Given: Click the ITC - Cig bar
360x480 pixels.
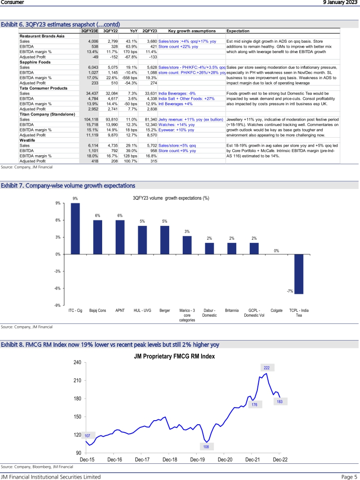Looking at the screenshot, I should (x=75, y=229).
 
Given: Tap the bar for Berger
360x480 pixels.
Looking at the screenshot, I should (x=165, y=240).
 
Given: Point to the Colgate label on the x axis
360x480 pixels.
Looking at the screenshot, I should (x=277, y=310).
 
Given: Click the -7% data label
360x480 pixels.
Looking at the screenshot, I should (x=290, y=291).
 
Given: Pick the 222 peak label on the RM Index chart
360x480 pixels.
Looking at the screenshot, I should (x=266, y=368).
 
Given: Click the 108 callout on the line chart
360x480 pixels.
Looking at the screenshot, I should (x=206, y=447).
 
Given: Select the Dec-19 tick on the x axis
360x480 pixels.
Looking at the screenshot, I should (x=198, y=459).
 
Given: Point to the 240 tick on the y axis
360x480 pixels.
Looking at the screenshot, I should (x=77, y=362).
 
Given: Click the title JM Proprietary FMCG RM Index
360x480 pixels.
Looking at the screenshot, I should (x=175, y=356).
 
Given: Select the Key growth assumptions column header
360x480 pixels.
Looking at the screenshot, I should (x=192, y=31).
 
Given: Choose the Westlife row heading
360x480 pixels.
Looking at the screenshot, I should (x=27, y=140).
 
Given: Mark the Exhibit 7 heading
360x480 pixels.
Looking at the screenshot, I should (x=68, y=185).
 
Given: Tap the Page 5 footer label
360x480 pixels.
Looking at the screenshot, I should (x=349, y=476).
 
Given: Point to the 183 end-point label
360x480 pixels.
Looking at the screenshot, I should (x=279, y=402).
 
